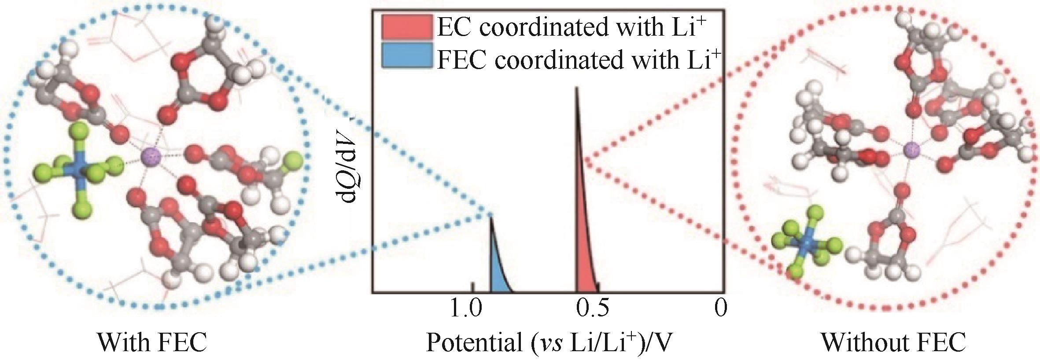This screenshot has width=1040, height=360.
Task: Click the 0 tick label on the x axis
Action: pos(720,309)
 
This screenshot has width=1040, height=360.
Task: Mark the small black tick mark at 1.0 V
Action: pos(473,287)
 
